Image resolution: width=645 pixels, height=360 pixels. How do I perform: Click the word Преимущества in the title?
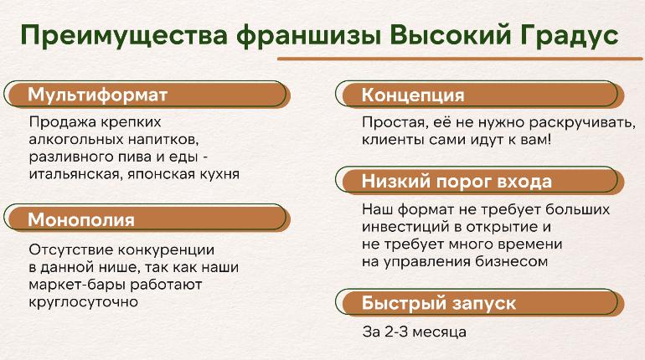pos(124,35)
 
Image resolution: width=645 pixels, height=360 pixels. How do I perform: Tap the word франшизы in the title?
pos(308,36)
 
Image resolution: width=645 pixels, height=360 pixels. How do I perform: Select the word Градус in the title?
pos(568,36)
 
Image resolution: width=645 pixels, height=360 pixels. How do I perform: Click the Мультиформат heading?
pos(97,95)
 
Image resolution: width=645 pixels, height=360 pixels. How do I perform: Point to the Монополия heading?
pos(81,220)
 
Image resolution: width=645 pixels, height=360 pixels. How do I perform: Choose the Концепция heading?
pos(413,95)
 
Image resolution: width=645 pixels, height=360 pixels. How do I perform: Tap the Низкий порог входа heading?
pos(457,181)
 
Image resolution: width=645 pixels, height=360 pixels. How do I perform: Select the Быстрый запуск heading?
pos(438,303)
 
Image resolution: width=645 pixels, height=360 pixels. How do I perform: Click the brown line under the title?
pos(460,59)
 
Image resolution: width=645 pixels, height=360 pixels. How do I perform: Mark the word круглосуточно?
pos(84,302)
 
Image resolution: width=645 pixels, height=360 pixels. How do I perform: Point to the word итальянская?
pos(75,175)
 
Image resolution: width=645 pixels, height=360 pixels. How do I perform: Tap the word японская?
pos(161,175)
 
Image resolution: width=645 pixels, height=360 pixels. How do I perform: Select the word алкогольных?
pos(75,140)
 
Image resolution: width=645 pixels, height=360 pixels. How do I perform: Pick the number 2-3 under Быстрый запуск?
pos(396,332)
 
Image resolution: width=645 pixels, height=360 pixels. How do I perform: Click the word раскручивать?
pos(582,123)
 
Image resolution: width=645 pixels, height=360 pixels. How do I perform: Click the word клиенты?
pos(393,140)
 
